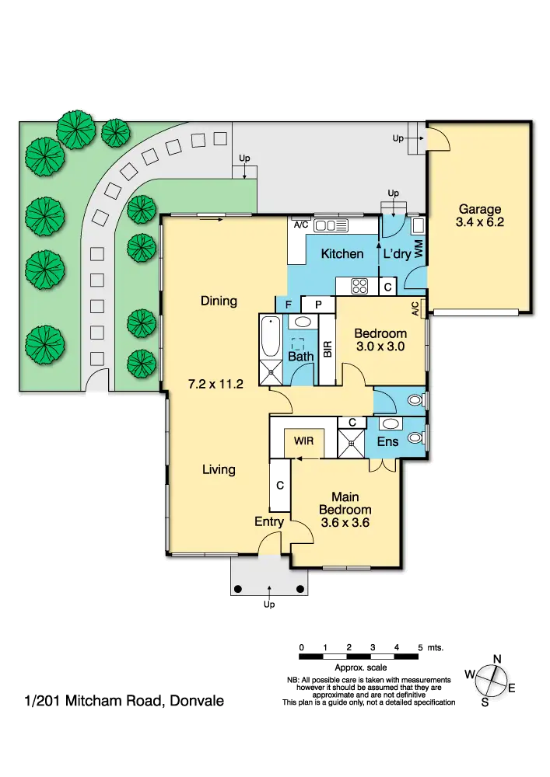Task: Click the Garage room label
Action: coord(479,209)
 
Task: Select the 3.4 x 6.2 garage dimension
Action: coord(479,222)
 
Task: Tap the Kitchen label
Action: coord(342,254)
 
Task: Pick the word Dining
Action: coord(218,301)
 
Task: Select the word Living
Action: coord(219,469)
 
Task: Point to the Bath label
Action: coord(300,357)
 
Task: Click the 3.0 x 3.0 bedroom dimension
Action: coord(380,347)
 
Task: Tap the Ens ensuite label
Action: coord(387,441)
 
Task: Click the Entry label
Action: coord(269,522)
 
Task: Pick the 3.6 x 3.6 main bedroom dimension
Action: coord(345,523)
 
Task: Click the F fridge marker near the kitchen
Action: coord(288,304)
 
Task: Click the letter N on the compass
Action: coord(496,660)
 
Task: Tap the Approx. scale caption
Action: coord(360,667)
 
